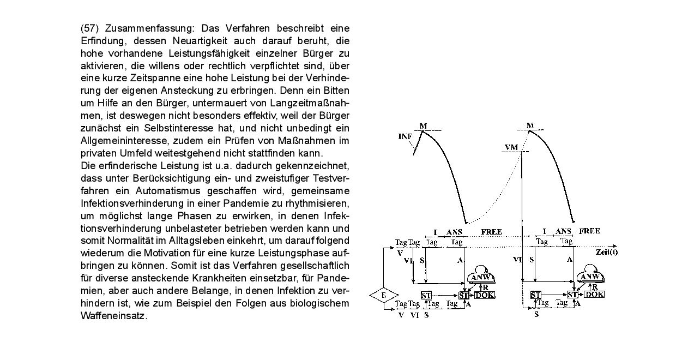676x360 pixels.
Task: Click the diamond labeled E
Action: (383, 296)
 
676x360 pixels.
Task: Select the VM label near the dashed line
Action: (511, 147)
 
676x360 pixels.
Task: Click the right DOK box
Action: (594, 295)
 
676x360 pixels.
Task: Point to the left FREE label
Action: (491, 232)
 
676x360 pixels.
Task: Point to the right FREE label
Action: (589, 231)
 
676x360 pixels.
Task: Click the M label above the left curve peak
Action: (423, 126)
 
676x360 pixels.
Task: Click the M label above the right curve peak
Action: (530, 125)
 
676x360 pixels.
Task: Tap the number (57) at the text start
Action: (90, 28)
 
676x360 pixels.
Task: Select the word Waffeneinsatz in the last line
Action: (114, 316)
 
